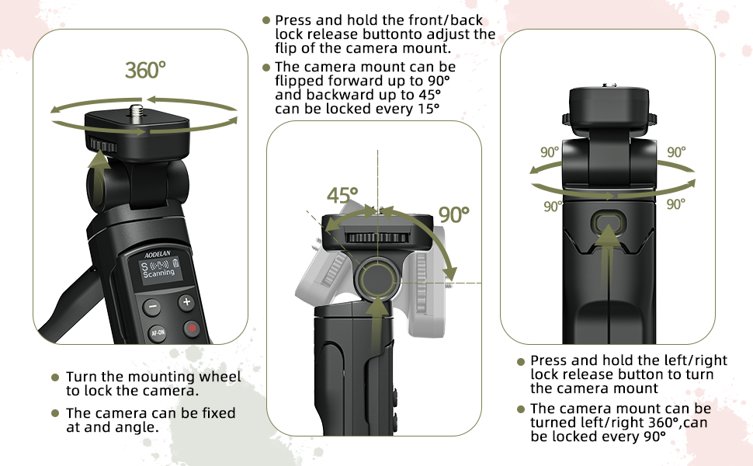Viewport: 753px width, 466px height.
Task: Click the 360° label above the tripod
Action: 146,70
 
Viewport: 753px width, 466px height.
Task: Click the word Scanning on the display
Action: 159,273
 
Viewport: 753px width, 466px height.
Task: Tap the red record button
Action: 191,329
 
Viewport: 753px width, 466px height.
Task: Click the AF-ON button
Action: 157,333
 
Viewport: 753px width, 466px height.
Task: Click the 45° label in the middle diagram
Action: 342,196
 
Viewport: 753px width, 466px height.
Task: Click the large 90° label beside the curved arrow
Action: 455,214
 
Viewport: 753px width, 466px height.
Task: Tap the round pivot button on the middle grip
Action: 376,277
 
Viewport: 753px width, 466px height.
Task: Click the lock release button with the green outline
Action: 608,224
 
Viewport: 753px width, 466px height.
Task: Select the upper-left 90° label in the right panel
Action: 550,152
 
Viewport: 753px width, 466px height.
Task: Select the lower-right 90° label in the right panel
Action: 675,204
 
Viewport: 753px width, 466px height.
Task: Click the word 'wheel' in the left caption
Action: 222,377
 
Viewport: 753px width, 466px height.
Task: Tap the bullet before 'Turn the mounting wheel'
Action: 55,377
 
